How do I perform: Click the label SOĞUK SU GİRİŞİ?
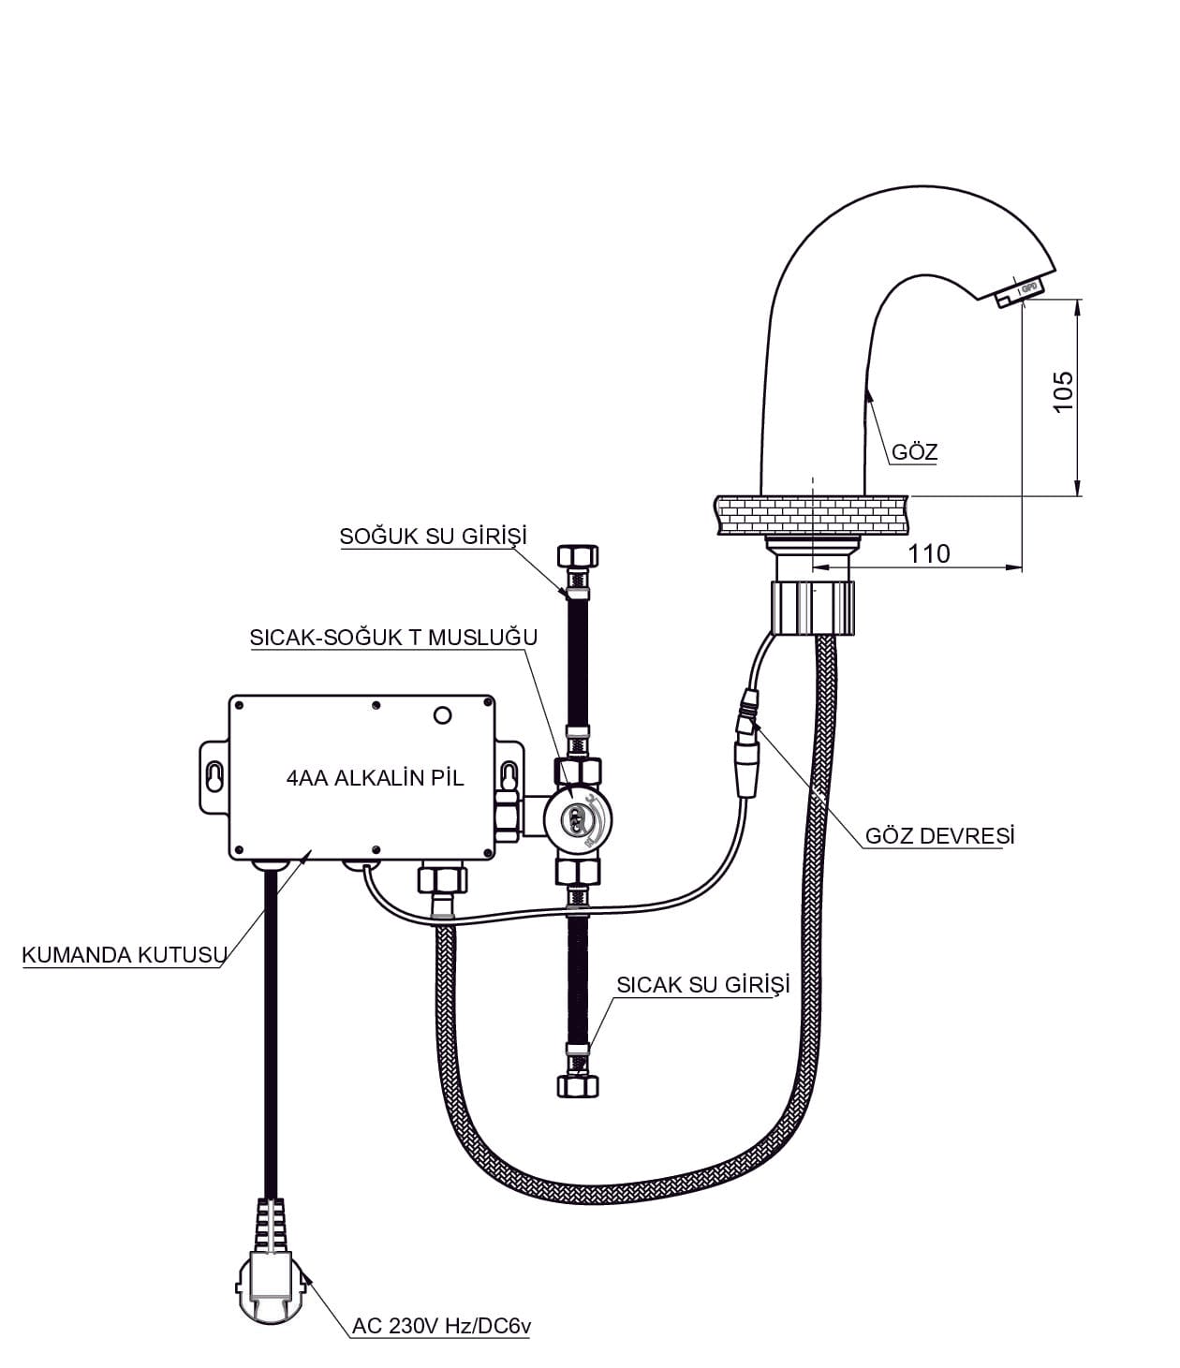(x=434, y=537)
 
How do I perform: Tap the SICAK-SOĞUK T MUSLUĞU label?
(x=393, y=638)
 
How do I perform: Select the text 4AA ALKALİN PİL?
(x=375, y=777)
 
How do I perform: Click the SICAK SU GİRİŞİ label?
(x=703, y=984)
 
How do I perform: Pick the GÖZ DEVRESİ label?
(x=939, y=835)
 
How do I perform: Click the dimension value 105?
(x=1063, y=390)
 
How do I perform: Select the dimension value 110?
(x=928, y=553)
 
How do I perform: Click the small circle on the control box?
(x=442, y=716)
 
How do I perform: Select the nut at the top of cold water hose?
(x=579, y=556)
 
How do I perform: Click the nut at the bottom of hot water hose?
(x=578, y=1084)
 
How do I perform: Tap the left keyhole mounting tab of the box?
(x=214, y=778)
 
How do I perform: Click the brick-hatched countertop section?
(x=812, y=515)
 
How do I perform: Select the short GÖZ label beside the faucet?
(x=914, y=452)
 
